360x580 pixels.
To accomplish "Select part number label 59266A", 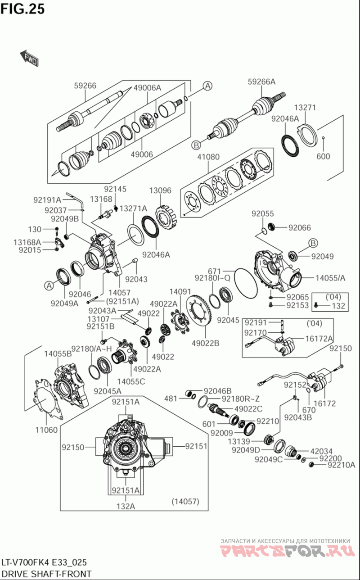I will tap(261, 82).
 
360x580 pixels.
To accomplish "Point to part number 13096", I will tap(160, 190).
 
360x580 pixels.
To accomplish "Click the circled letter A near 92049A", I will tap(49, 285).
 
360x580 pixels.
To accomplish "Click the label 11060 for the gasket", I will tap(46, 430).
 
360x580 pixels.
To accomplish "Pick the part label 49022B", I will tap(205, 343).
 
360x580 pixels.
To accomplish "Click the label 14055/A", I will tap(330, 278).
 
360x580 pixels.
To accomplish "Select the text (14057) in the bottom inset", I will tap(185, 501).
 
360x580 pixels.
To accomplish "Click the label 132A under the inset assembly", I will tap(126, 506).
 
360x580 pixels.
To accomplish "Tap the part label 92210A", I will tap(341, 465).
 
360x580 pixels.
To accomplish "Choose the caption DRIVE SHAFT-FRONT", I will tap(46, 574).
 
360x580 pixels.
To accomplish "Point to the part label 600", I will tap(323, 156).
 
